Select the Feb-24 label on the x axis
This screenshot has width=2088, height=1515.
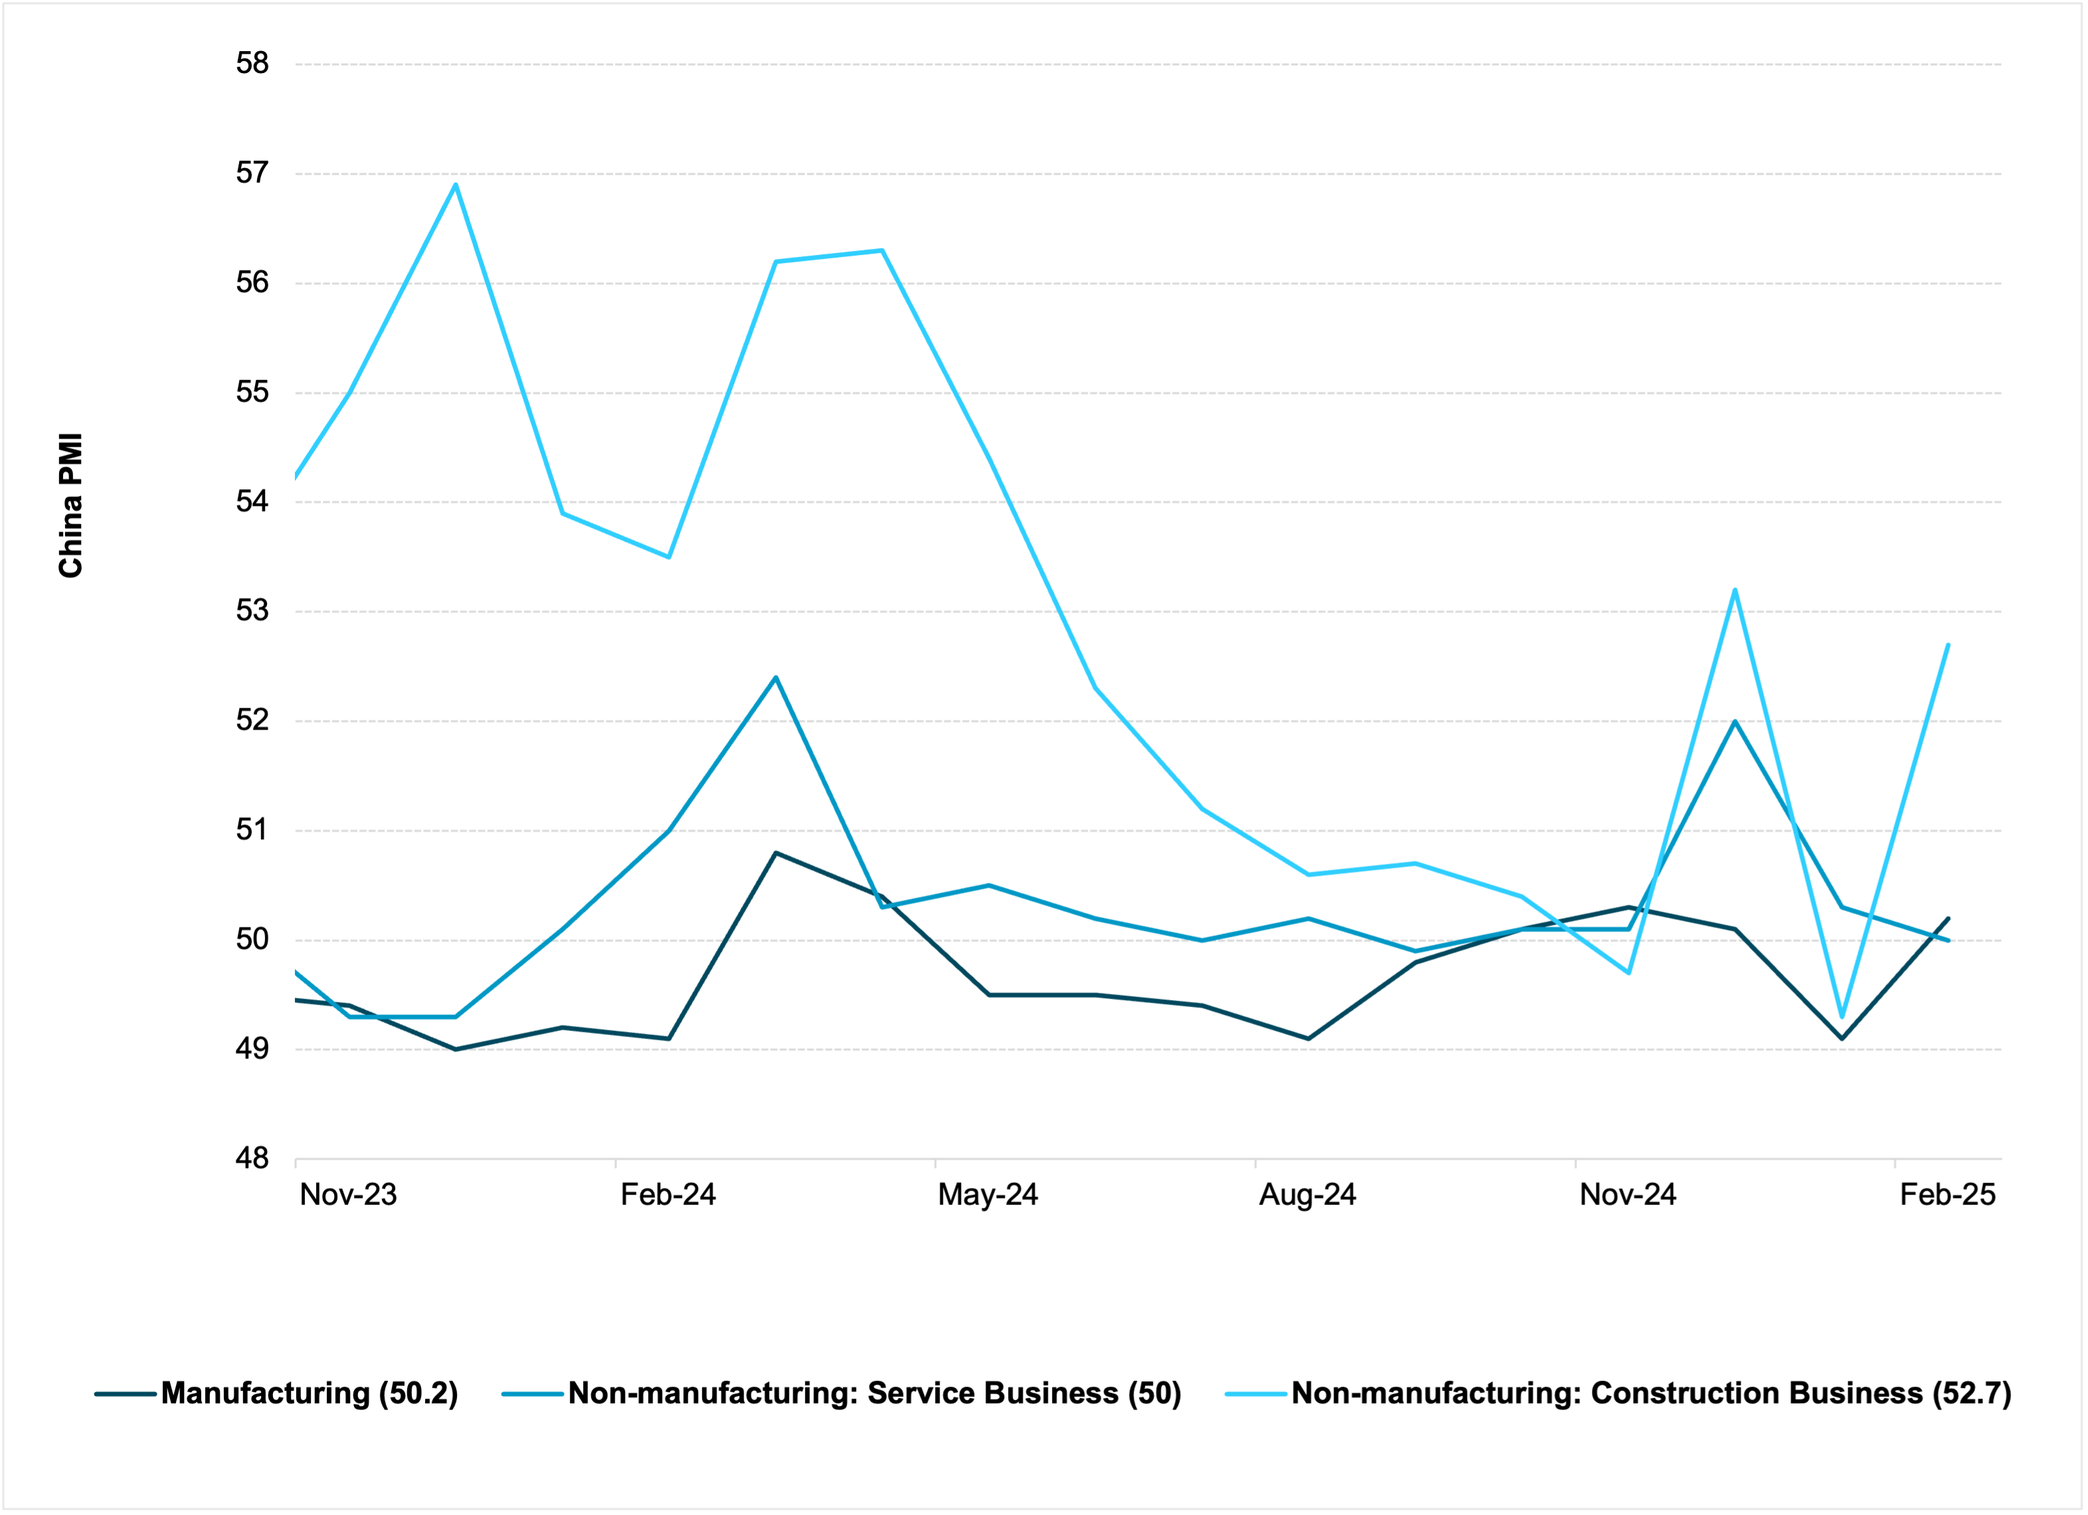click(667, 1195)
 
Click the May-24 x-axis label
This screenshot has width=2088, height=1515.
click(987, 1195)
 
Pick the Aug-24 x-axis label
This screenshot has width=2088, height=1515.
click(1307, 1195)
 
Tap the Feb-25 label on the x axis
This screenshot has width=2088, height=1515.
click(1947, 1195)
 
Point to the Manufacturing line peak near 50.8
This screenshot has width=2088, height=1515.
click(776, 853)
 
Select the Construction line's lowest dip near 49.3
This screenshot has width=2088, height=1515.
click(1841, 1016)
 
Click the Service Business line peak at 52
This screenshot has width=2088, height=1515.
click(1735, 721)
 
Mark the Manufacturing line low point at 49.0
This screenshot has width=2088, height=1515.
click(456, 1049)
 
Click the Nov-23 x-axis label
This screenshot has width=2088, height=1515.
click(348, 1195)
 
